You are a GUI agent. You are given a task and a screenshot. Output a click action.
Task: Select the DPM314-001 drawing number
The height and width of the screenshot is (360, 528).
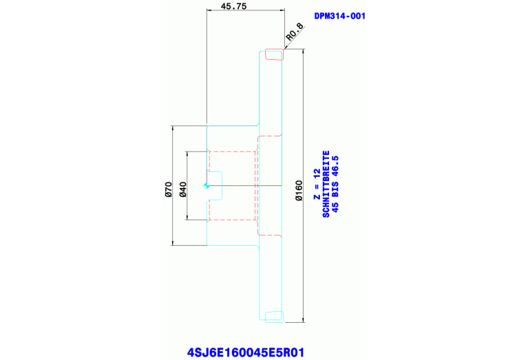(x=339, y=16)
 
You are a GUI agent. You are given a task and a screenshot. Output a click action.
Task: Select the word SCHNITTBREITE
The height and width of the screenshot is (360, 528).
(x=326, y=184)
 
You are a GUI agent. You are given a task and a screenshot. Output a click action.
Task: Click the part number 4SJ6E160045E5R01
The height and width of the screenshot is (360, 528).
(x=245, y=352)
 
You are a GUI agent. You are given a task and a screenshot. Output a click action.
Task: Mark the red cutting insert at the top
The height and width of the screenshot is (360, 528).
(x=275, y=54)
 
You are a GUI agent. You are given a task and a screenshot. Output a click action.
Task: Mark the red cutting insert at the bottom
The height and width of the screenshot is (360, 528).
(x=275, y=317)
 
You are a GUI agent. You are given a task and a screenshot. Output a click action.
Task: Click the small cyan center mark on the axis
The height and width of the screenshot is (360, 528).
(x=207, y=185)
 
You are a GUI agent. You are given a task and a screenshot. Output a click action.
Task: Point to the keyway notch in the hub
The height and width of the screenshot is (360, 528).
(x=215, y=185)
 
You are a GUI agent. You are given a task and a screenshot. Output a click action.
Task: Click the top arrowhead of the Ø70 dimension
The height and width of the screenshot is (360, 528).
(x=172, y=127)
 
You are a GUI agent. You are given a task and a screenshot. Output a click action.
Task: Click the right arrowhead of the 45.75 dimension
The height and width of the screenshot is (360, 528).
(x=282, y=10)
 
